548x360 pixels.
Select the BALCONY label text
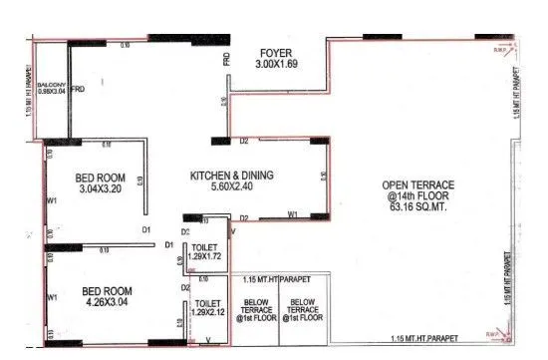51,88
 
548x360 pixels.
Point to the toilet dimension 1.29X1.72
206,257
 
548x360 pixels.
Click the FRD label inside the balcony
77,88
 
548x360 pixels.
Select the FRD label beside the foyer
226,62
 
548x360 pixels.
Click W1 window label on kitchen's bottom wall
293,214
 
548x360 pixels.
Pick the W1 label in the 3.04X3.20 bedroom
52,197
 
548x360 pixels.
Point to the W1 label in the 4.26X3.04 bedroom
52,297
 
